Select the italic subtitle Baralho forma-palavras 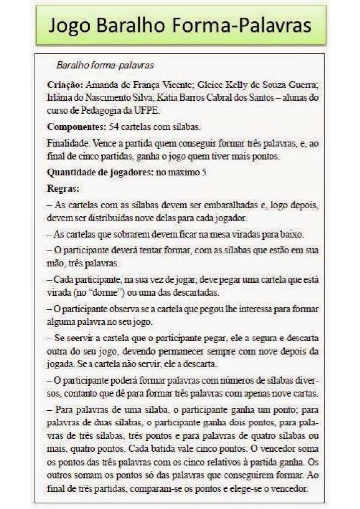pyautogui.click(x=104, y=65)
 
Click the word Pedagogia pyautogui.click(x=104, y=110)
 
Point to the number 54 pyautogui.click(x=114, y=127)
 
